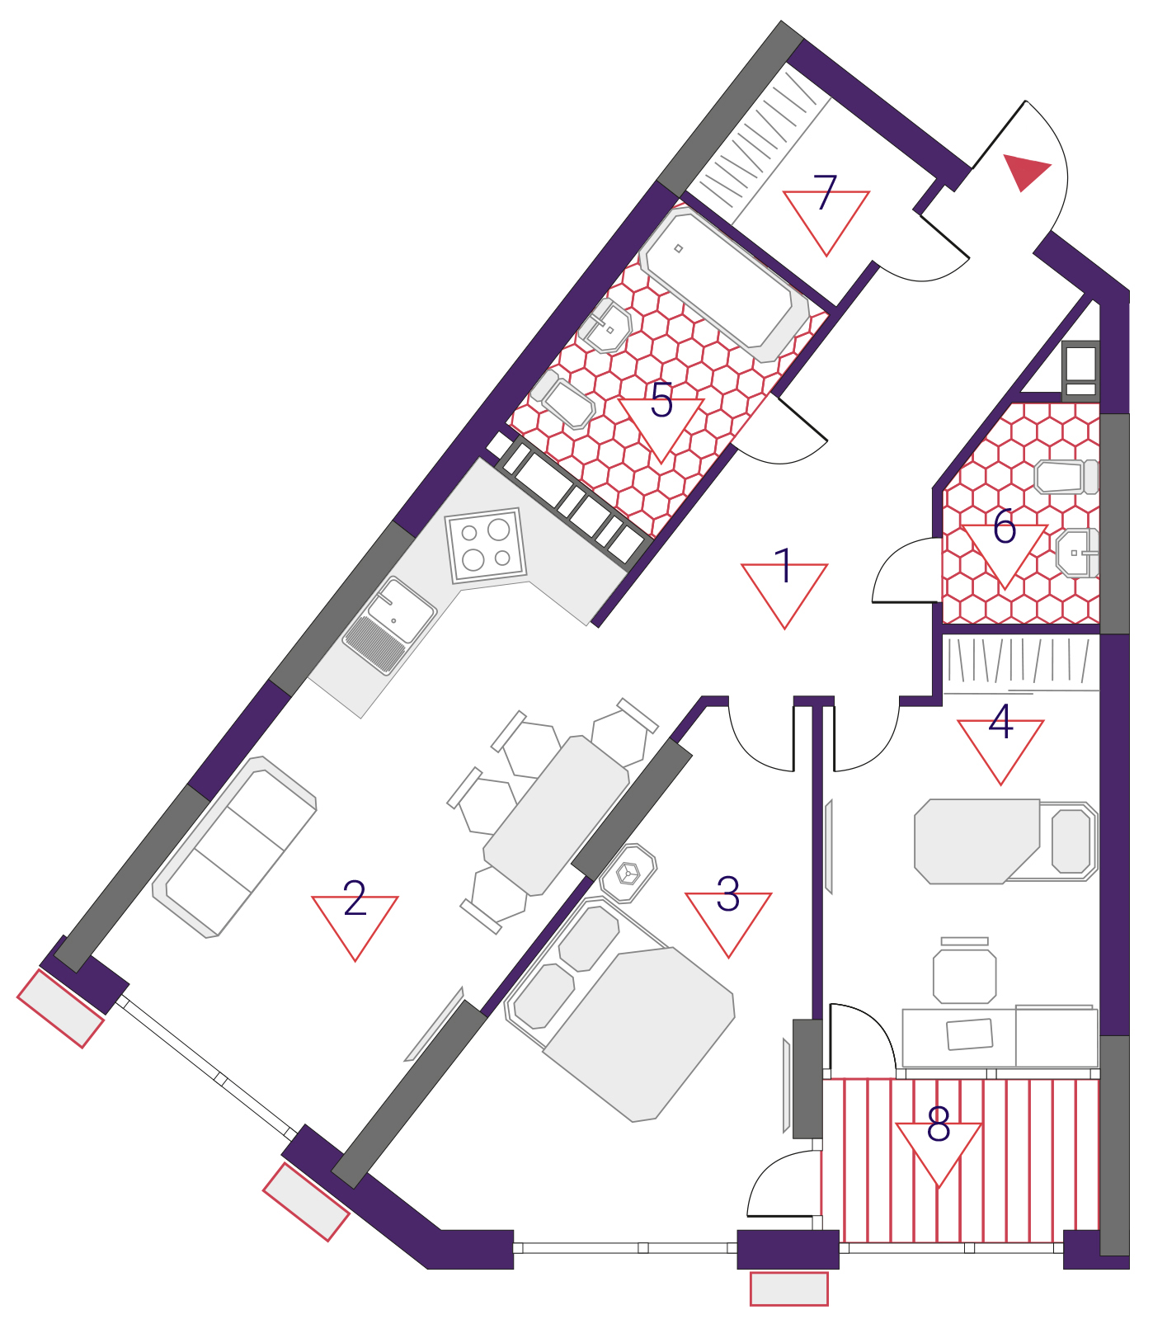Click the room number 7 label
(x=825, y=192)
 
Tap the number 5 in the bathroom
(x=661, y=400)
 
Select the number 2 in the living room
(x=355, y=898)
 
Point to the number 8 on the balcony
(x=939, y=1124)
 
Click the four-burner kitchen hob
(x=487, y=545)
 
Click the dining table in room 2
(x=557, y=815)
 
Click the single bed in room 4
(x=1005, y=841)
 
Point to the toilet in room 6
(x=1066, y=477)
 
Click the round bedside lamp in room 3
(x=628, y=873)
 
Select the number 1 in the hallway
(x=784, y=566)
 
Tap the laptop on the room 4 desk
(x=969, y=1034)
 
